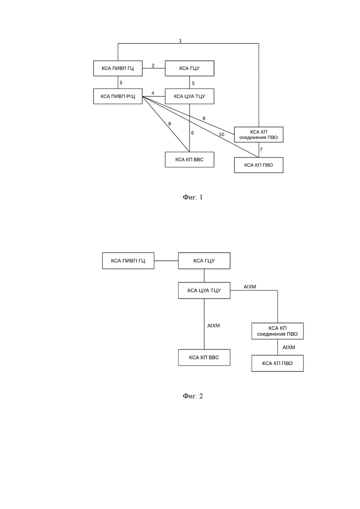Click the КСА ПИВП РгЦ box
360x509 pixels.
pyautogui.click(x=118, y=96)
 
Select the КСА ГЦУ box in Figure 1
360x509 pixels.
pyautogui.click(x=190, y=68)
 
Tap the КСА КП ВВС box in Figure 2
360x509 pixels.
pyautogui.click(x=204, y=357)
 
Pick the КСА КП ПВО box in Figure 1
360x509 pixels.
pyautogui.click(x=259, y=165)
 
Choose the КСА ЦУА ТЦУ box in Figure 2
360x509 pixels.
pyautogui.click(x=204, y=290)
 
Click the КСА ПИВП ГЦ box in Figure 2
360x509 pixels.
pyautogui.click(x=128, y=261)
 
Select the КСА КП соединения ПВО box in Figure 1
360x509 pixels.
pyautogui.click(x=259, y=134)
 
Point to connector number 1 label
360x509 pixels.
pyautogui.click(x=180, y=41)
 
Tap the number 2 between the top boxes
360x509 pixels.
pyautogui.click(x=153, y=65)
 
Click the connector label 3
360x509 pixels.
pyautogui.click(x=121, y=83)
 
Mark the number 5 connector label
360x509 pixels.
pyautogui.click(x=193, y=84)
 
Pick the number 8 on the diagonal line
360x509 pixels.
pyautogui.click(x=169, y=124)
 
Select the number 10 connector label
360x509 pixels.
pyautogui.click(x=222, y=134)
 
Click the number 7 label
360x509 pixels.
pyautogui.click(x=261, y=150)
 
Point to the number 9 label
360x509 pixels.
pyautogui.click(x=204, y=119)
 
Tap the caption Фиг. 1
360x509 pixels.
pyautogui.click(x=193, y=197)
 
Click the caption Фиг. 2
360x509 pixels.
pyautogui.click(x=193, y=395)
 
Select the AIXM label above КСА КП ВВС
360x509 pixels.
pyautogui.click(x=214, y=326)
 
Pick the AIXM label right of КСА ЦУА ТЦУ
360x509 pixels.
pyautogui.click(x=250, y=287)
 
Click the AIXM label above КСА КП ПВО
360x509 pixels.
pyautogui.click(x=289, y=347)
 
